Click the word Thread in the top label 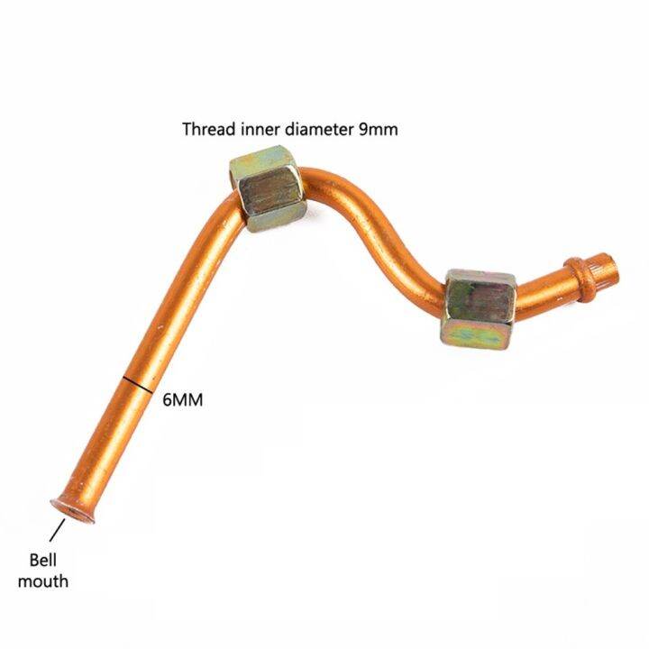tap(208, 129)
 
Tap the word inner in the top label tap(259, 129)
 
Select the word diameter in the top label tap(319, 129)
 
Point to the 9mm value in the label tap(378, 130)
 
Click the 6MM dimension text tap(182, 400)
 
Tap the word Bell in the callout tap(43, 560)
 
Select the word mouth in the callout tap(43, 581)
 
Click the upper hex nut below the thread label tap(268, 188)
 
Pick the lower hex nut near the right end tap(479, 309)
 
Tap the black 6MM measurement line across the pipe tap(138, 385)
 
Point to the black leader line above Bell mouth tap(57, 530)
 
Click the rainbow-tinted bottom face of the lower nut tap(476, 334)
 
